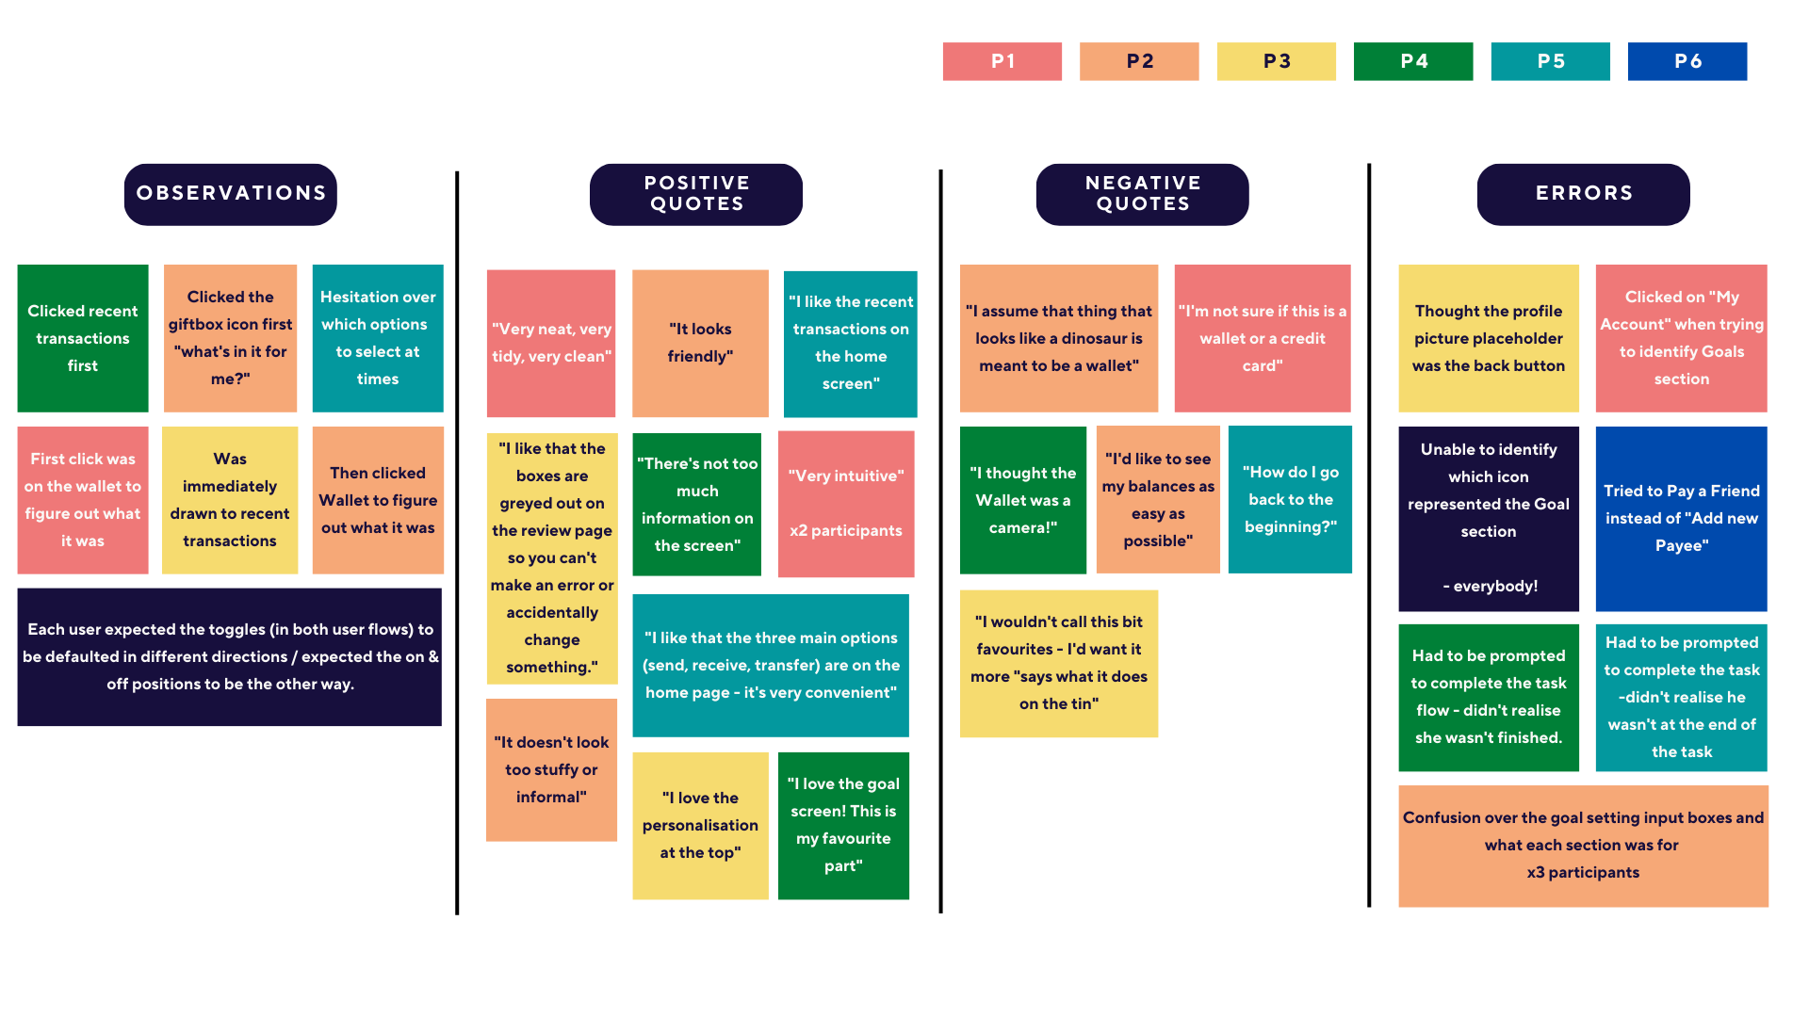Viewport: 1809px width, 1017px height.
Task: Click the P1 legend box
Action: [x=1002, y=61]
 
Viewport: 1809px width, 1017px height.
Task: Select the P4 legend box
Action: [x=1412, y=61]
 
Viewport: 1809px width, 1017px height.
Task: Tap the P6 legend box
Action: [x=1687, y=61]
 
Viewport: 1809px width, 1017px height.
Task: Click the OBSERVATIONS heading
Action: [x=231, y=194]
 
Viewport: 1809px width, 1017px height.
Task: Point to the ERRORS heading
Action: [x=1583, y=194]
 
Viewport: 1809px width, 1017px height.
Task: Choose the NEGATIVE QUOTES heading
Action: [x=1142, y=194]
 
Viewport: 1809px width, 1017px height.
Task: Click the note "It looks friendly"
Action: [x=700, y=343]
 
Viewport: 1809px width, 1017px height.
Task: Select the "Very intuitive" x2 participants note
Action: [x=845, y=504]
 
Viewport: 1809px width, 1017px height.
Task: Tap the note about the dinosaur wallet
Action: [x=1058, y=338]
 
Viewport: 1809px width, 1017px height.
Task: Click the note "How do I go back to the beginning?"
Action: [x=1290, y=499]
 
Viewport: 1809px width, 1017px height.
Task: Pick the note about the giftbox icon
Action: [x=230, y=338]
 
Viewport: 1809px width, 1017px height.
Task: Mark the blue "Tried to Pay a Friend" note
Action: [x=1681, y=518]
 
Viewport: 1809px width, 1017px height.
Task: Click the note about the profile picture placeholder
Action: [x=1488, y=338]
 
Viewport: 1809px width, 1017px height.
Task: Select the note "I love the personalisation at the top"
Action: [x=700, y=825]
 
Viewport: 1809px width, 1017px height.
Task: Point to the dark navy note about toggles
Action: [x=229, y=656]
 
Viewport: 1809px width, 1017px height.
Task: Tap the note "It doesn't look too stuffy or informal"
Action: [x=551, y=769]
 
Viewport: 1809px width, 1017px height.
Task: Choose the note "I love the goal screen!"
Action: [x=843, y=825]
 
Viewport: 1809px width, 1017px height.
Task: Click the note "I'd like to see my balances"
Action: [x=1157, y=499]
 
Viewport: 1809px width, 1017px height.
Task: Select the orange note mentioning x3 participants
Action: [x=1583, y=846]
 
